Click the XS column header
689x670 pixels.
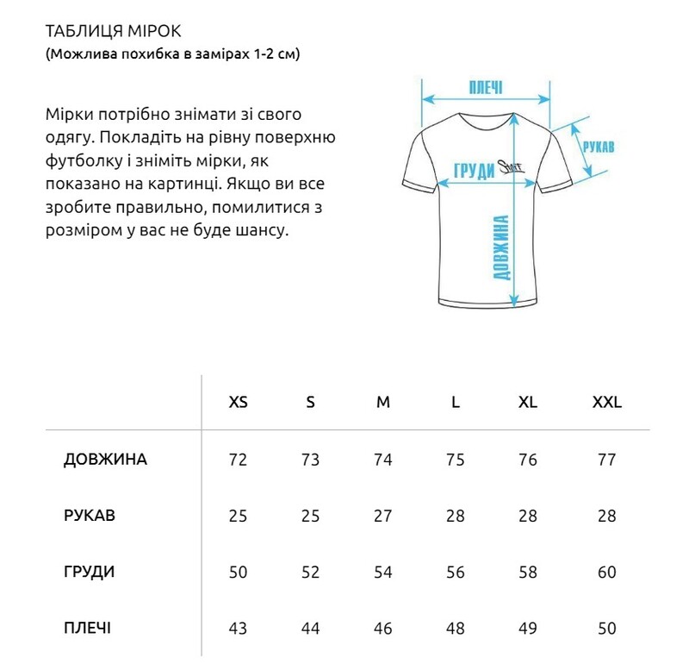click(x=238, y=403)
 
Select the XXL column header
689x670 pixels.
click(x=606, y=403)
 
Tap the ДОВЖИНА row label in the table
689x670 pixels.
click(x=105, y=460)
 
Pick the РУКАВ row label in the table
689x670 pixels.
click(x=90, y=516)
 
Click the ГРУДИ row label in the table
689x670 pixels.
click(x=89, y=572)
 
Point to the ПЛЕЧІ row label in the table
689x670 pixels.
click(x=87, y=628)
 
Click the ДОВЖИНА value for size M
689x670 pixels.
click(x=383, y=460)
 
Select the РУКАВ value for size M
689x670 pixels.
click(x=383, y=516)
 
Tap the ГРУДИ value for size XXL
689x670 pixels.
click(x=606, y=572)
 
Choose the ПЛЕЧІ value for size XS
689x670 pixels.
click(x=238, y=628)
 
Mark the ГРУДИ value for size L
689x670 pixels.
click(x=456, y=572)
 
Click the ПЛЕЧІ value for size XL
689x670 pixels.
click(x=528, y=628)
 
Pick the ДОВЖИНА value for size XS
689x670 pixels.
click(x=238, y=460)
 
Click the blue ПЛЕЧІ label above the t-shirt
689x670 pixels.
click(x=486, y=88)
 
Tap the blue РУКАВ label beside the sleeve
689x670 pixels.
click(x=599, y=147)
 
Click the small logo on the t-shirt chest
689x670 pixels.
click(x=514, y=169)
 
